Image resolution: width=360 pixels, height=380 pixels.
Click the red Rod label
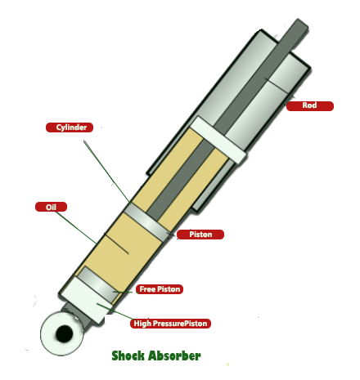(x=310, y=106)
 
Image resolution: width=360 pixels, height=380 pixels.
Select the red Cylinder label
(x=70, y=127)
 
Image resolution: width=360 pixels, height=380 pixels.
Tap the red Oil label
(x=51, y=207)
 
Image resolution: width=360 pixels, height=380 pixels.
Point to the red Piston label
(x=200, y=235)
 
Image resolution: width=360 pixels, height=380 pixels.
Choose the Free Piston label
(x=160, y=289)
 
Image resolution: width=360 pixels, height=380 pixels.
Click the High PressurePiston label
(x=170, y=324)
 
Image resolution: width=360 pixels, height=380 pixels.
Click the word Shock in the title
(x=128, y=355)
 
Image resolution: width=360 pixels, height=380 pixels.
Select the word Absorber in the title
(x=175, y=355)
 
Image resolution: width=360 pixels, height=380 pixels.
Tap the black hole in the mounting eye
(x=65, y=333)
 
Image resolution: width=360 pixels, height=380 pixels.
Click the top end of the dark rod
(x=303, y=23)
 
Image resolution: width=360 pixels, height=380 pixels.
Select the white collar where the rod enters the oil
(x=218, y=141)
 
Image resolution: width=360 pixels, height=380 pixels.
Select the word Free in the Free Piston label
(x=147, y=289)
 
